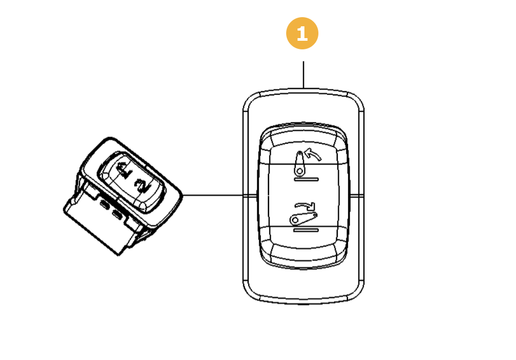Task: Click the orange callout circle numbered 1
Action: [302, 33]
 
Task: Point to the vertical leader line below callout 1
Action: [303, 74]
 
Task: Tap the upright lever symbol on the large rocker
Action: [300, 163]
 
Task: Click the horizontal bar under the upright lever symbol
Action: [307, 179]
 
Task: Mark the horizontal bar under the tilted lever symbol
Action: [307, 229]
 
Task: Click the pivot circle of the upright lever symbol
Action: [298, 171]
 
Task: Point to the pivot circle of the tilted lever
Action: [294, 219]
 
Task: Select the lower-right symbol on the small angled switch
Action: [142, 185]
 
